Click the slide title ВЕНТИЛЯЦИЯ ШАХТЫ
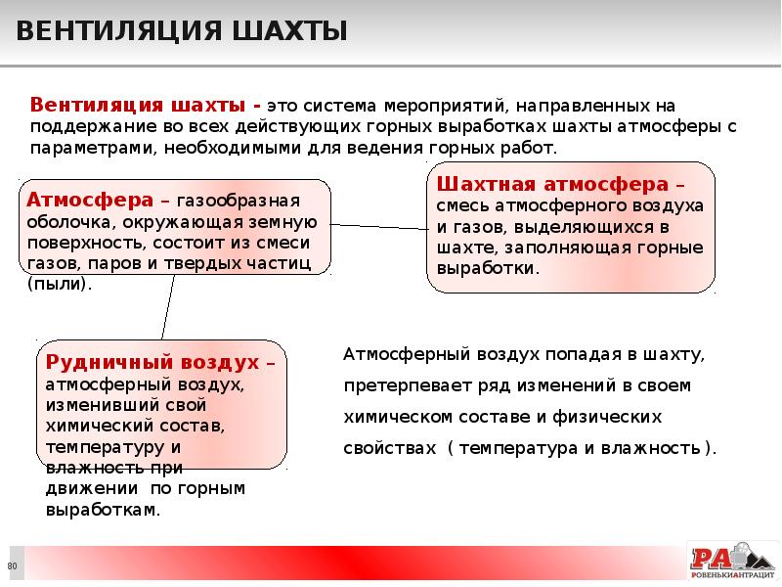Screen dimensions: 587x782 [182, 33]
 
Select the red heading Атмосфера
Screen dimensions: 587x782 [89, 201]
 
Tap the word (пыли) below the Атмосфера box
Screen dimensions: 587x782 [59, 285]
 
